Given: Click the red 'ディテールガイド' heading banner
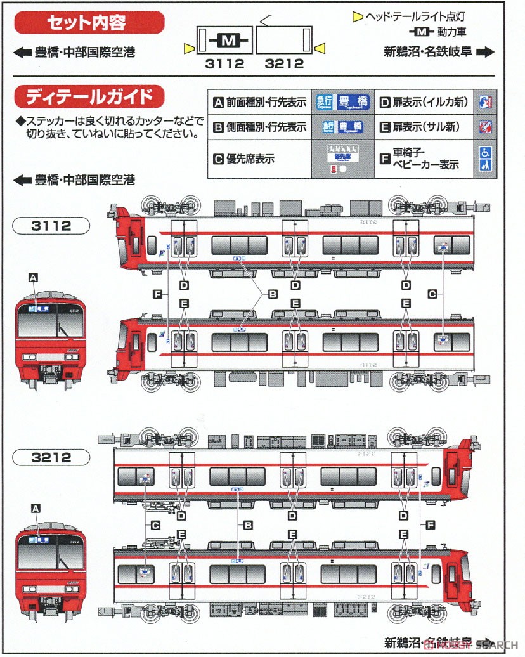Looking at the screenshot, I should point(88,97).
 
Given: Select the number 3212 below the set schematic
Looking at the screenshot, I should point(284,63).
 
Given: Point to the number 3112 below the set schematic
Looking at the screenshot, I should point(225,63).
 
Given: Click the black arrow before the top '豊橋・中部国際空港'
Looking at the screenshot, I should point(22,53).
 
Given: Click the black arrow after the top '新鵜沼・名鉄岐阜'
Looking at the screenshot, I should point(485,53).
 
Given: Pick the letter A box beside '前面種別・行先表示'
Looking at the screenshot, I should point(219,101).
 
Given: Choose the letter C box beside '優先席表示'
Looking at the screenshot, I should point(219,159).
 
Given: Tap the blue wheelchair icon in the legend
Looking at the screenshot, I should point(484,152).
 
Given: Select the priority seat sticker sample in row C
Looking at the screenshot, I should point(343,155).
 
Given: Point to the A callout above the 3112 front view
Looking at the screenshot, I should point(34,276).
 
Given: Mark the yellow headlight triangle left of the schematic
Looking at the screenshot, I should point(188,49).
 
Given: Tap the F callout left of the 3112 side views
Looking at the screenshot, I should point(158,293).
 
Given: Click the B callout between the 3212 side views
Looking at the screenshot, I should point(248,525).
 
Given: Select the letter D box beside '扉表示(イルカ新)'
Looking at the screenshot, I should point(384,101).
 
